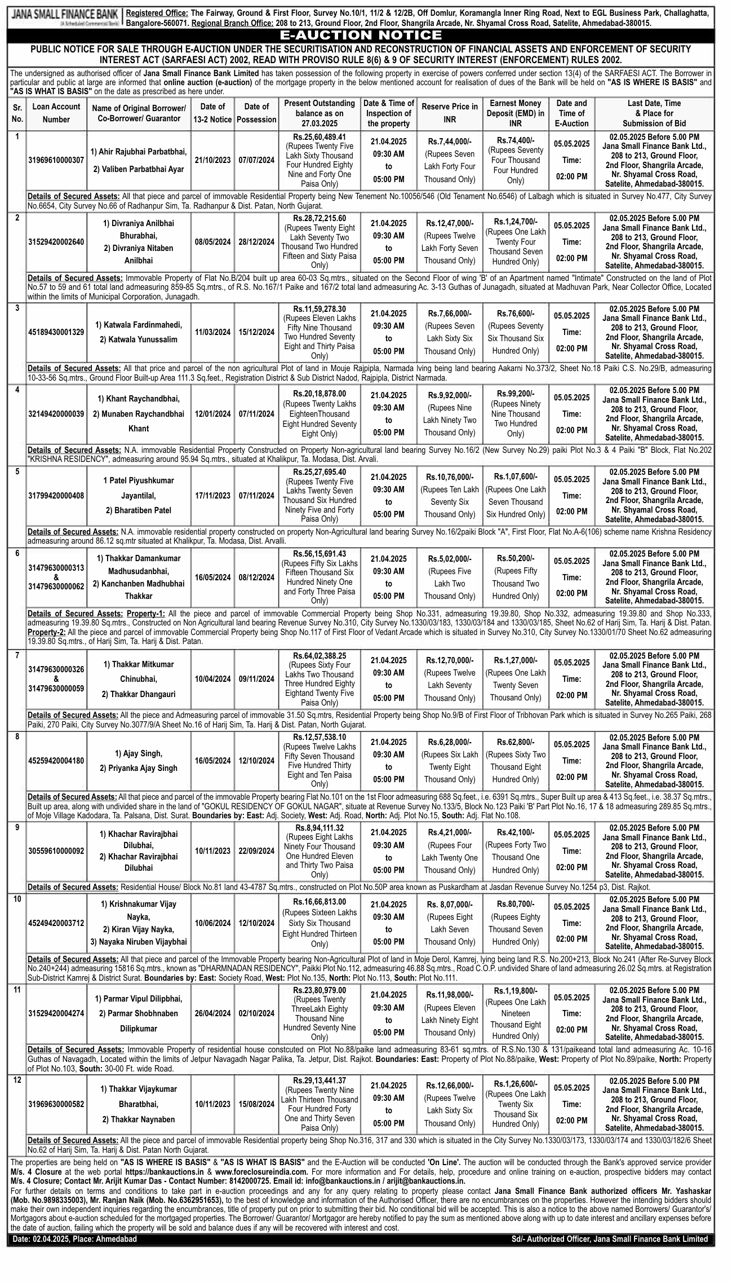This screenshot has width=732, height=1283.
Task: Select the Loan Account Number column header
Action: tap(56, 113)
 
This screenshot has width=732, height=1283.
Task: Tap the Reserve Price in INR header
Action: tap(450, 113)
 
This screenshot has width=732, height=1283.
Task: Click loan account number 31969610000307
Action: tap(56, 160)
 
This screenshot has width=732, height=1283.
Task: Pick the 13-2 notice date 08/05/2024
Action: tap(213, 242)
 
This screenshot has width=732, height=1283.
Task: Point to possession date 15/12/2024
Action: tap(256, 332)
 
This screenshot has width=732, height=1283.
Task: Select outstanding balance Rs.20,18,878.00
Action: tap(320, 394)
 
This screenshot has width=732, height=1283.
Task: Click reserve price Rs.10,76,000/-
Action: tap(450, 477)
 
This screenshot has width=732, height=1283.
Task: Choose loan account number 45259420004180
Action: tap(56, 760)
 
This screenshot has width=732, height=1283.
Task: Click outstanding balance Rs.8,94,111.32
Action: tap(320, 827)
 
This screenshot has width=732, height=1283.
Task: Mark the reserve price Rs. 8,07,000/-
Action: tap(450, 904)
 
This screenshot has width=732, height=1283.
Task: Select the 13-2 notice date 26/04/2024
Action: tap(213, 1012)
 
